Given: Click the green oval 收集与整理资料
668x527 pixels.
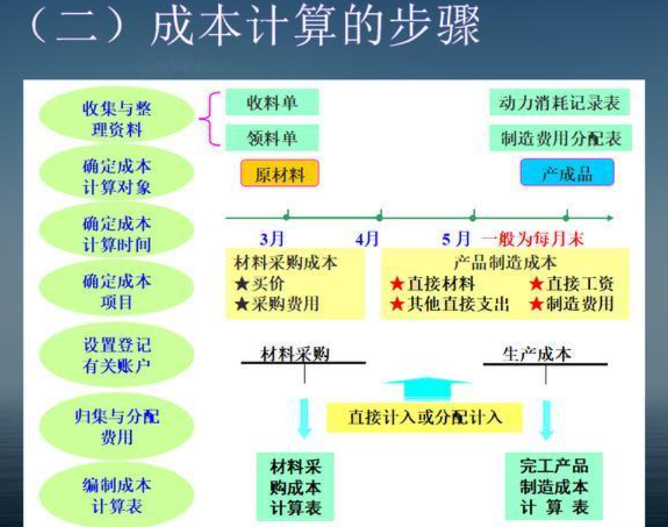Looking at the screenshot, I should [116, 119].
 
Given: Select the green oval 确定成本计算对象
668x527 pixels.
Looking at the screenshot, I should [116, 177].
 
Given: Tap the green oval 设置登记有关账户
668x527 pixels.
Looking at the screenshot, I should [116, 355].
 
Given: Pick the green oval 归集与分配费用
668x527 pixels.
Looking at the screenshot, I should [116, 427].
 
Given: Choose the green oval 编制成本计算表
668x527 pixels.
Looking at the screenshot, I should [116, 495].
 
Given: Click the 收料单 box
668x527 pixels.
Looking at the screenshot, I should [272, 103].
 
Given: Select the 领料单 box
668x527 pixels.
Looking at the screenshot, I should [272, 138].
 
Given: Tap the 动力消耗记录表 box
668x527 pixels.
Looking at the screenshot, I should [560, 103].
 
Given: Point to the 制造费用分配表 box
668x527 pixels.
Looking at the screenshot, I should [560, 138].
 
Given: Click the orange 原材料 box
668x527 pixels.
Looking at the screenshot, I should [279, 174].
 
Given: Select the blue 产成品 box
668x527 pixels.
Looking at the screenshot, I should [567, 173].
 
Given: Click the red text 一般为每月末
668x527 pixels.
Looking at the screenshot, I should [532, 239].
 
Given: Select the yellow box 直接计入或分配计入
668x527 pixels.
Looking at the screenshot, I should [425, 418].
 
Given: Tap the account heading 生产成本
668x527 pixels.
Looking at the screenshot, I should [536, 353].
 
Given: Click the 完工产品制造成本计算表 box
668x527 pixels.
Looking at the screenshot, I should [554, 486].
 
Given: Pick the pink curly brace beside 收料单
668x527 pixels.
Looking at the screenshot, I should [208, 120].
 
